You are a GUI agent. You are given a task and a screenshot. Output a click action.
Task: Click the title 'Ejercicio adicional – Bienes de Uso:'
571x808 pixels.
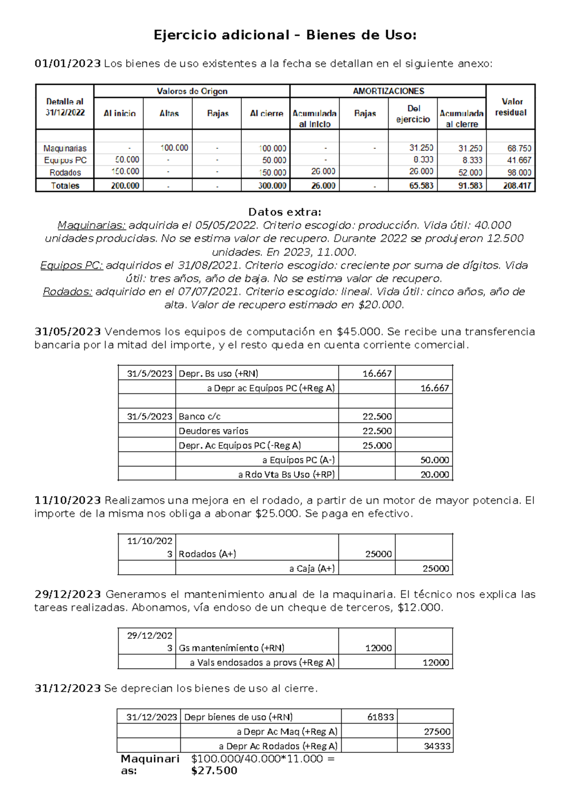pos(285,35)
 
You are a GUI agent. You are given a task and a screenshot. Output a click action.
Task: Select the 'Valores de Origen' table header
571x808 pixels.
pos(192,91)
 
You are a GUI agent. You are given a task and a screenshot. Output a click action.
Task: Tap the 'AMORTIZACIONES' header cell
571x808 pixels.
pos(388,91)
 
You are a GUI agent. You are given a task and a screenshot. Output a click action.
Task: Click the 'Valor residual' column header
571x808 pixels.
pos(511,107)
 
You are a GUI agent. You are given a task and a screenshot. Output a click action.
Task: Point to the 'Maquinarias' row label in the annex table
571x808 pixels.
pos(65,148)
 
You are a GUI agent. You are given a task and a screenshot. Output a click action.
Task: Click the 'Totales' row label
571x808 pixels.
pos(65,185)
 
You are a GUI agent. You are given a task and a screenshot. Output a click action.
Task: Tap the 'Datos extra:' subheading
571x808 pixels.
pos(285,212)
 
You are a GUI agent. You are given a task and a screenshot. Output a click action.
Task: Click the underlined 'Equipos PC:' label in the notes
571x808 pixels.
pos(71,265)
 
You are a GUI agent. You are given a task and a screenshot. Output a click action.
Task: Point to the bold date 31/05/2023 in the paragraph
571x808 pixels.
pos(68,332)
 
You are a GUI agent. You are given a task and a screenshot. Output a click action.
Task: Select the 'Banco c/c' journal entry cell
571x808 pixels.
pos(200,416)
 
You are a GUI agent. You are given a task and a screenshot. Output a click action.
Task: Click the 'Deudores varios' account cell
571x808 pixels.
pos(214,431)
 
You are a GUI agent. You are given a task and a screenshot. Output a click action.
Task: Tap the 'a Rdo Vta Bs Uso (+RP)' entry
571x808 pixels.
pos(286,474)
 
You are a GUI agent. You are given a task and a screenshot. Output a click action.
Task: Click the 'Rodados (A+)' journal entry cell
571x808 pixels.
pos(207,554)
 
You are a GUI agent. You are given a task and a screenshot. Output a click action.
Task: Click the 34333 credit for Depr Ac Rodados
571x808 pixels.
pos(437,746)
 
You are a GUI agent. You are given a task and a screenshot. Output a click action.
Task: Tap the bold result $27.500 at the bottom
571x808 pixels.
pos(214,771)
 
